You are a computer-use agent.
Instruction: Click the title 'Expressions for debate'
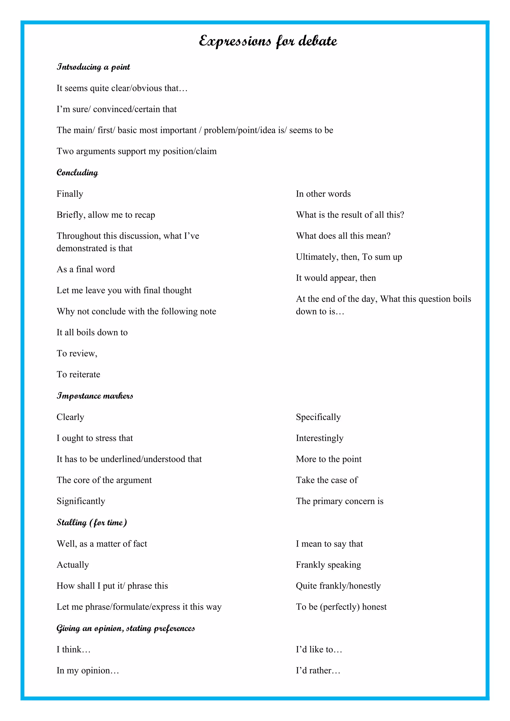coord(268,41)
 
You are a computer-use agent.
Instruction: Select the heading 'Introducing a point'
coord(93,67)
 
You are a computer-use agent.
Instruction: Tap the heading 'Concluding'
coord(77,172)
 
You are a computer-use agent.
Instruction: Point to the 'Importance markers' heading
coord(95,396)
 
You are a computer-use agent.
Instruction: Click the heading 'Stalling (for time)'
coord(92,523)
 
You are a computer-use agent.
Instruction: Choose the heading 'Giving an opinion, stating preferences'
coord(126,628)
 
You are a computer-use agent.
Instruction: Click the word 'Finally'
coord(70,194)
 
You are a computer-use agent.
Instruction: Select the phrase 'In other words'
coord(323,194)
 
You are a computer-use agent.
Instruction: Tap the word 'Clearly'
coord(70,417)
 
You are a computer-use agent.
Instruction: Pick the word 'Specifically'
coord(318,417)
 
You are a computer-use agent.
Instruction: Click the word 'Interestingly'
coord(319,438)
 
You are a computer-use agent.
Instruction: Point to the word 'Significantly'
coord(81,501)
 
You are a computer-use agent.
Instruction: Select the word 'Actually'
coord(72,565)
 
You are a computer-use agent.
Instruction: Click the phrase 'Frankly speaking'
coord(328,565)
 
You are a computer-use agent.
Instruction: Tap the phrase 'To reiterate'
coord(78,374)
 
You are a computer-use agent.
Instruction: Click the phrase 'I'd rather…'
coord(318,670)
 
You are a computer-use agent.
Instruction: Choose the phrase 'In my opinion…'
coord(88,670)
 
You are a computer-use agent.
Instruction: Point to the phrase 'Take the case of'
coord(326,480)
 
